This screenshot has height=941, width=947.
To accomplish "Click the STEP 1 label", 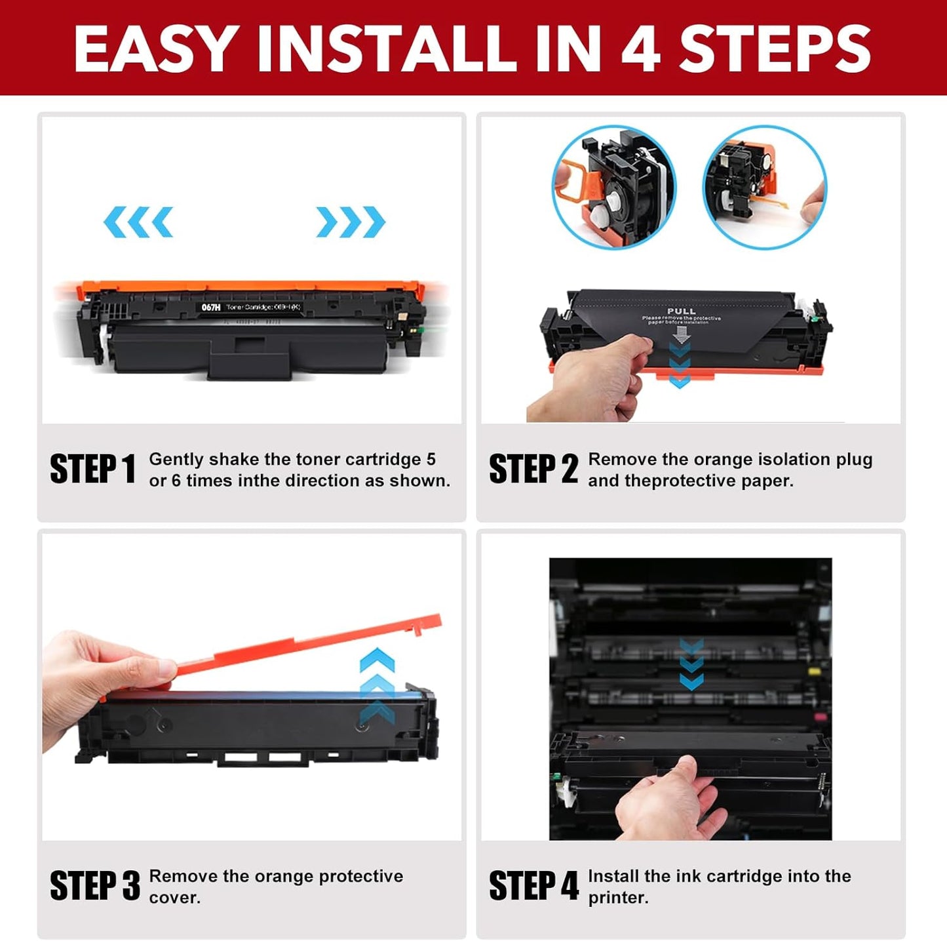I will coord(92,470).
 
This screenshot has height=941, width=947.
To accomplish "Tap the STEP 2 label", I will coord(533,470).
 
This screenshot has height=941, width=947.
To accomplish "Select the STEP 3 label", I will coord(94,886).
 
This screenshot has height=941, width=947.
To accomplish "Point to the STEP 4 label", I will coord(533,886).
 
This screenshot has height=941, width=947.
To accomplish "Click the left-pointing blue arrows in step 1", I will coord(138,222).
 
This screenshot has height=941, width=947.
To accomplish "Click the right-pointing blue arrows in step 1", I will coord(351,222).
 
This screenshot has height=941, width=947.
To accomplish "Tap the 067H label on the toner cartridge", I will coord(211,307).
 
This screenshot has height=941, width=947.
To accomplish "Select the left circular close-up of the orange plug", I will coord(613,188).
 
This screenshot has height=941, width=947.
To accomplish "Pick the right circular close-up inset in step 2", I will coord(764,188).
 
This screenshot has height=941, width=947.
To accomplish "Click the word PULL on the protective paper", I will coord(681,311).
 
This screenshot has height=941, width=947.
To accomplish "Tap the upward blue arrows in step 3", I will coord(377,685).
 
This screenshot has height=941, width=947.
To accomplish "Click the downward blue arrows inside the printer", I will coord(691,664).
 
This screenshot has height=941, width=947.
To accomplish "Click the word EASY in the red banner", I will coord(153,49).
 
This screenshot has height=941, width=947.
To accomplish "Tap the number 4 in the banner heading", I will coord(640,49).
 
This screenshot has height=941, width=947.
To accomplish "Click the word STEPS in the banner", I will coord(775,49).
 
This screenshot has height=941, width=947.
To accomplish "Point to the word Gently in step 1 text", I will coord(176,459).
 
